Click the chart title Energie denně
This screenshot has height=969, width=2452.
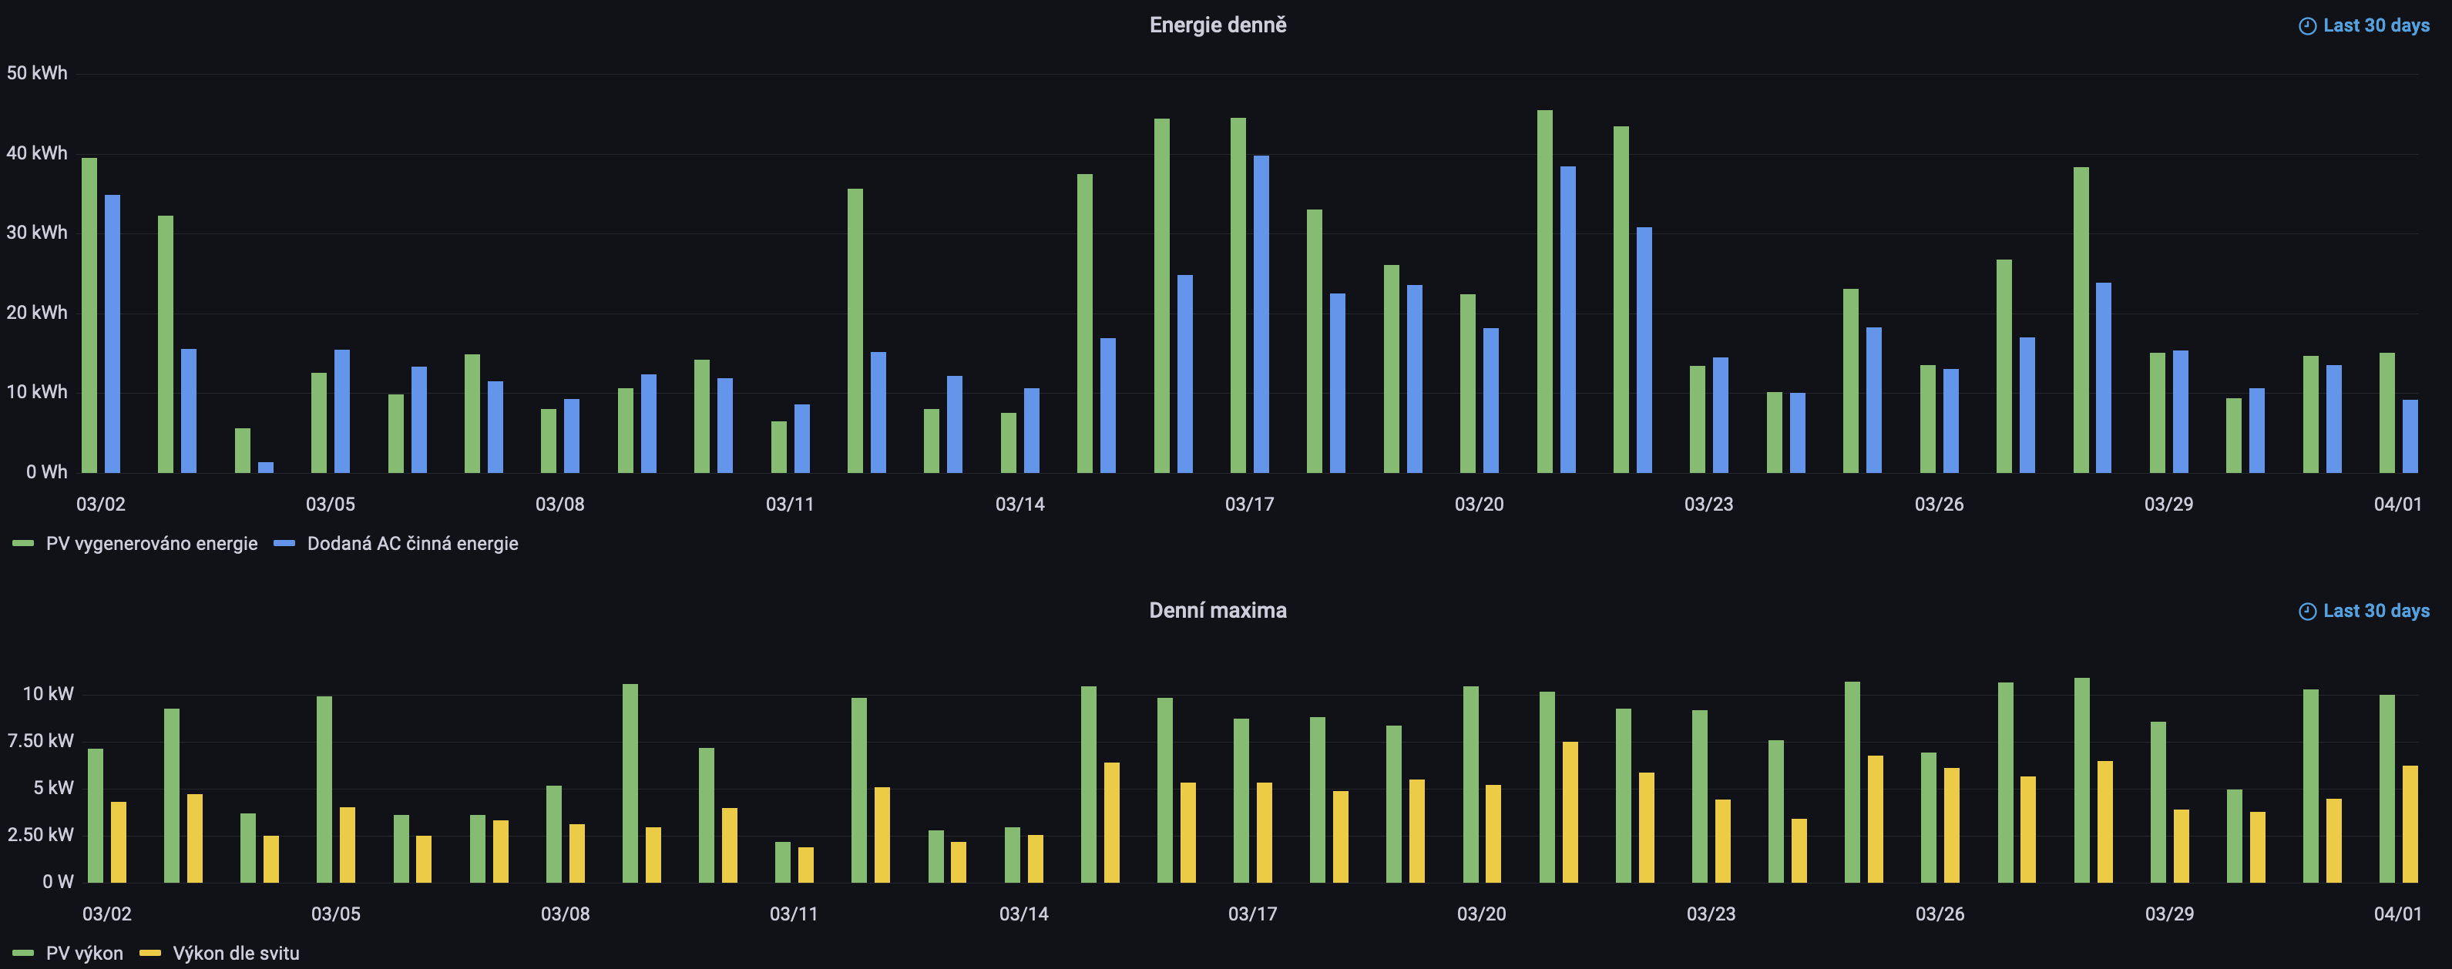click(x=1218, y=25)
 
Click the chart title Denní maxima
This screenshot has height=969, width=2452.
click(x=1218, y=611)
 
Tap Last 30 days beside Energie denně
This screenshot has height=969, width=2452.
click(x=2366, y=25)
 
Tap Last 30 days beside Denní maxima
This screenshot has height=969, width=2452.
click(x=2366, y=611)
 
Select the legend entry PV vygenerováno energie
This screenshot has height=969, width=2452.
click(x=150, y=544)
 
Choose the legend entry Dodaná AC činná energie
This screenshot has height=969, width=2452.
click(x=411, y=544)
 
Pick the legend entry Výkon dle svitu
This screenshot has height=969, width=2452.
click(x=235, y=953)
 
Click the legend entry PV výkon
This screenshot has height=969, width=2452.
click(x=84, y=953)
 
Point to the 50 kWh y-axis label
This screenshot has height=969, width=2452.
click(x=37, y=73)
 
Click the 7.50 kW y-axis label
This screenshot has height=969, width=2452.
click(x=40, y=740)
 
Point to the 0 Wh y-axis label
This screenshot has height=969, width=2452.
click(x=47, y=471)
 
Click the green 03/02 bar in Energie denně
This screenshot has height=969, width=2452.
click(x=89, y=314)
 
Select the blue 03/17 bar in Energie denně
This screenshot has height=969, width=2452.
click(x=1261, y=314)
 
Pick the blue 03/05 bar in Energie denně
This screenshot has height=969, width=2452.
click(x=341, y=411)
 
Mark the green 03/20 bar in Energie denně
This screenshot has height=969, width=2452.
click(x=1468, y=383)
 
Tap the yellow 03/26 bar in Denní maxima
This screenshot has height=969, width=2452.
click(x=1951, y=824)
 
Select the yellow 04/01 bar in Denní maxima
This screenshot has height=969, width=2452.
click(x=2410, y=823)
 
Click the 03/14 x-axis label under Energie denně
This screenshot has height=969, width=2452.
click(x=1019, y=505)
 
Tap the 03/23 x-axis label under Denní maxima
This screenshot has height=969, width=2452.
click(x=1711, y=914)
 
